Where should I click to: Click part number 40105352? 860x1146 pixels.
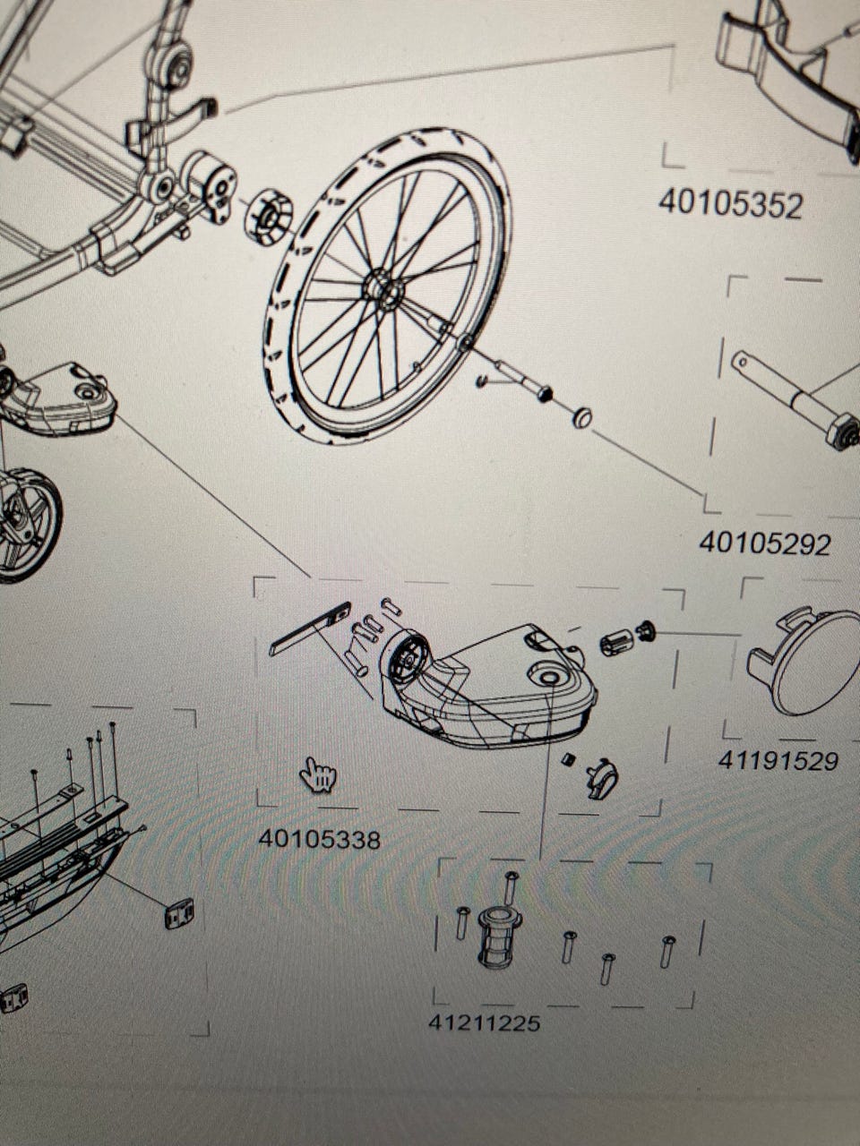(x=730, y=205)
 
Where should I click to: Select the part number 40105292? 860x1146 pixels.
(x=764, y=543)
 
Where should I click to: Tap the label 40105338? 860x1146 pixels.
(x=320, y=839)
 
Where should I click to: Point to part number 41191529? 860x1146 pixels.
(x=778, y=761)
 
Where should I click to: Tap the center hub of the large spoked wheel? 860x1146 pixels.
(x=383, y=288)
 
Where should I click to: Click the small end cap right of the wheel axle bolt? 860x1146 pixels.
(x=581, y=418)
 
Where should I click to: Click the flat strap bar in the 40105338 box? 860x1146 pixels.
(x=309, y=629)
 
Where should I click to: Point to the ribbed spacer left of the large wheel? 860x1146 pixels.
(x=268, y=218)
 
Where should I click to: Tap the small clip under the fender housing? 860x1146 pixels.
(x=602, y=778)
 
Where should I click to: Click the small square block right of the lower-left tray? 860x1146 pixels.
(x=179, y=913)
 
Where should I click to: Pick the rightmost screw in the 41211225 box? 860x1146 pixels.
(x=667, y=951)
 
